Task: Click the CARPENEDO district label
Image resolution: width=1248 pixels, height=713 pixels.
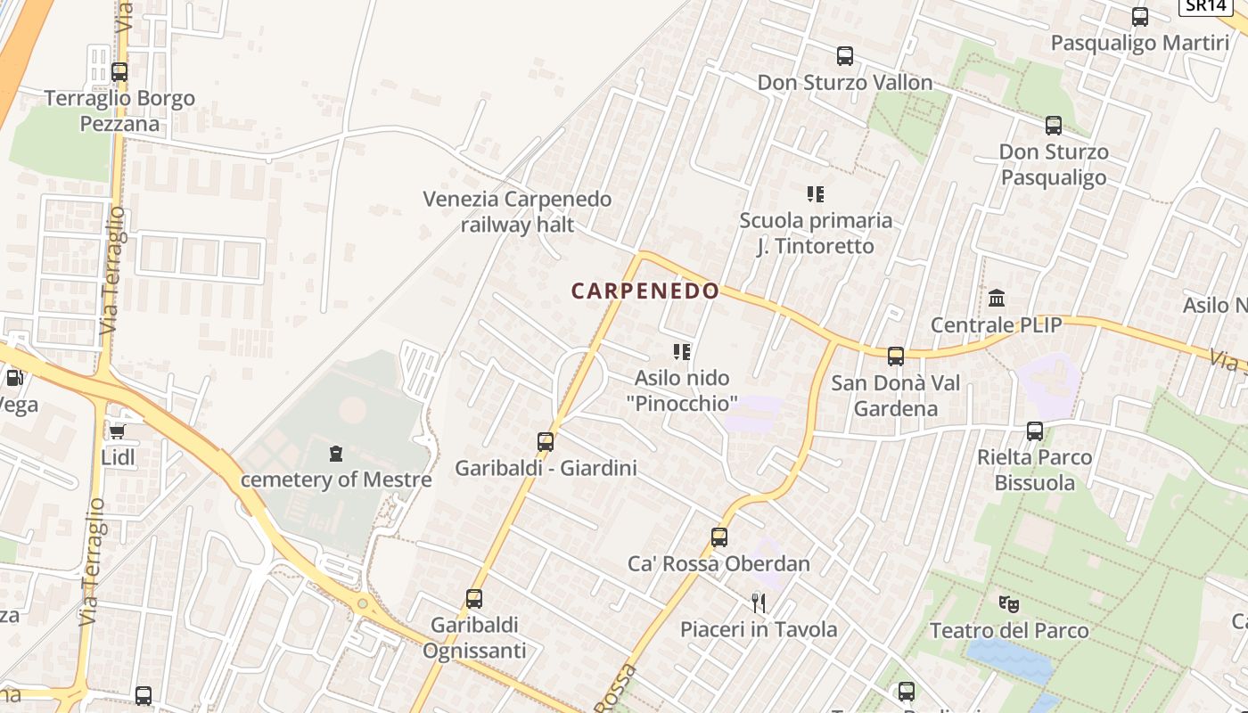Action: [x=645, y=291]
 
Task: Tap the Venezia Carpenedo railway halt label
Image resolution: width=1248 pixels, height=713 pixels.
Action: [x=517, y=211]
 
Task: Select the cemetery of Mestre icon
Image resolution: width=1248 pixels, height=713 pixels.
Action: [x=336, y=454]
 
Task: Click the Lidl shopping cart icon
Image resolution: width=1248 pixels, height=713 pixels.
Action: [x=117, y=432]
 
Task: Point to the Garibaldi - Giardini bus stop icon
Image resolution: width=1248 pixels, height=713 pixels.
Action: [x=546, y=441]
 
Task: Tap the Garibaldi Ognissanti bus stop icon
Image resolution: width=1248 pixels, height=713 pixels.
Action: [x=474, y=599]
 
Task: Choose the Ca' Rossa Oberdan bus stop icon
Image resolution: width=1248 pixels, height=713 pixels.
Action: [x=719, y=537]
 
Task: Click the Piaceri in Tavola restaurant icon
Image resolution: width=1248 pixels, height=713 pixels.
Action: [x=759, y=603]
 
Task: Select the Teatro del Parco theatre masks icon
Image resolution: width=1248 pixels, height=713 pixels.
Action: [x=1009, y=604]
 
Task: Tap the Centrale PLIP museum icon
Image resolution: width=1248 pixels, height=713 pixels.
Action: [x=997, y=298]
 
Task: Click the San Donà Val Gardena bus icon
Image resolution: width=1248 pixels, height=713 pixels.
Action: [x=896, y=356]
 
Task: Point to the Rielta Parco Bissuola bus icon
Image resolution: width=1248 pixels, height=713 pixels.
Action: [x=1035, y=431]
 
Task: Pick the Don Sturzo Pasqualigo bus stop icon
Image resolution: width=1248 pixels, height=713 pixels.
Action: [x=1054, y=126]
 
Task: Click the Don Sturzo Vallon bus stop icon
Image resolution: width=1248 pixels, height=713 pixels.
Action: [x=845, y=56]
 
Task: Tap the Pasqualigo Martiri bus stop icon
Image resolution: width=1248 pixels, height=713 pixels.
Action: [x=1140, y=17]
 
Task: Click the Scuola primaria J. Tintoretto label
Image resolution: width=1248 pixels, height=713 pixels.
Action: [x=816, y=233]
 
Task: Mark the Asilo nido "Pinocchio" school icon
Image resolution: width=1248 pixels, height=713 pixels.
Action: [x=682, y=352]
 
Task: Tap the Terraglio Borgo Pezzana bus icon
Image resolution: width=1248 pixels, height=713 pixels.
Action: [x=119, y=72]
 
